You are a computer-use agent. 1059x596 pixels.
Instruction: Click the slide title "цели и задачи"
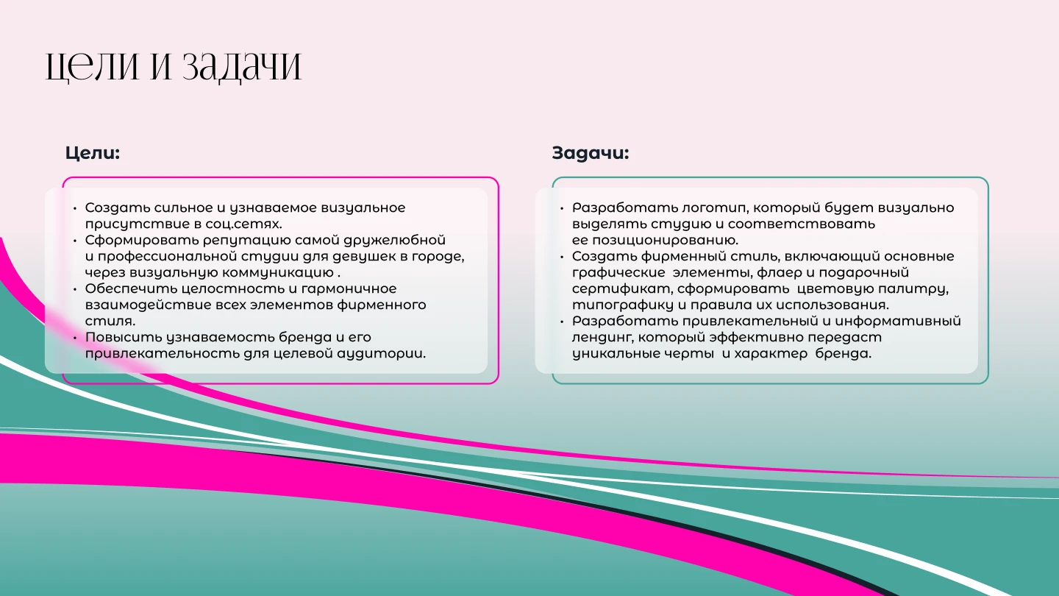tap(174, 65)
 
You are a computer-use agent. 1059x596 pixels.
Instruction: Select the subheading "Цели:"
tap(92, 153)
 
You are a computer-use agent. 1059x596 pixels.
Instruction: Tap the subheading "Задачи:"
tap(590, 153)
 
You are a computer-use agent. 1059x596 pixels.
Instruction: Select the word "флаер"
tap(777, 273)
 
